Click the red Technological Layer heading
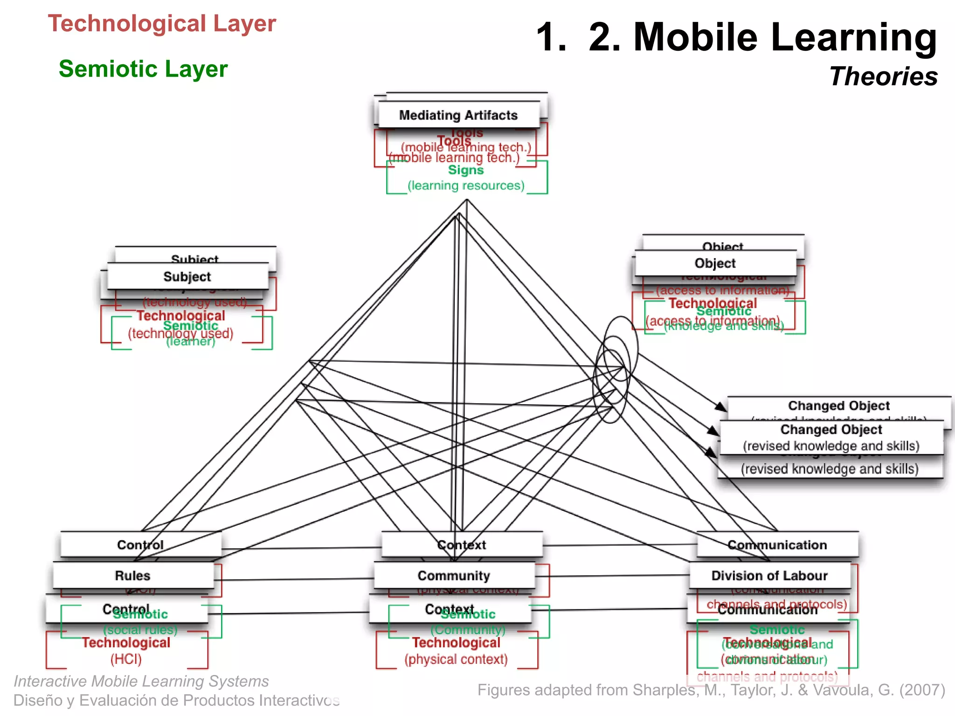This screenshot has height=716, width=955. coord(162,23)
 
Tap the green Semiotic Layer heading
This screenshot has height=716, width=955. coord(143,69)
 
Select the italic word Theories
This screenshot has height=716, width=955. coord(883,76)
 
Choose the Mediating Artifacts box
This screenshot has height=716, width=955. coord(458,115)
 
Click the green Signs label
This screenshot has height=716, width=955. coord(466,170)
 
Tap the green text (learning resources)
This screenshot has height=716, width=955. coord(466,186)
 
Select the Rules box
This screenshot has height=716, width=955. coord(133,576)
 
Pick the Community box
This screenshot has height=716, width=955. coord(454,576)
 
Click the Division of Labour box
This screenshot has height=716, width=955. coord(769,576)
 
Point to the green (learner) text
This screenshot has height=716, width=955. coord(191,342)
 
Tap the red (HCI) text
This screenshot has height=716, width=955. coord(126,659)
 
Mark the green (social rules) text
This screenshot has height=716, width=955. coord(140,630)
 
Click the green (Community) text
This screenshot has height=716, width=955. coord(468,630)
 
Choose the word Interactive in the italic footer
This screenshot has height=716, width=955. coord(50,682)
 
